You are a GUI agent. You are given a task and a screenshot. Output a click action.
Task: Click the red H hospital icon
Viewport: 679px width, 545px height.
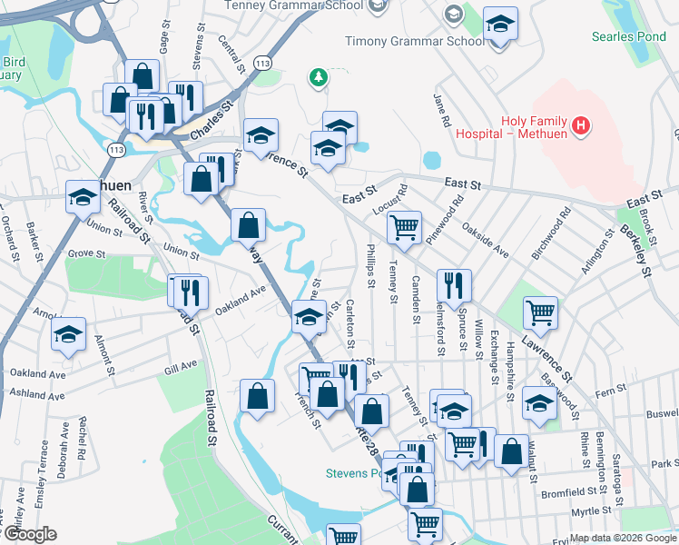[x=582, y=124]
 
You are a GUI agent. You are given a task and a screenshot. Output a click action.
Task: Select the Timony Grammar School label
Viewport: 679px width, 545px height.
[x=415, y=41]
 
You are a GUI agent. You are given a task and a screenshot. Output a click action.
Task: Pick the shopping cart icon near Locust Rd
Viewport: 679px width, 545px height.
[x=404, y=227]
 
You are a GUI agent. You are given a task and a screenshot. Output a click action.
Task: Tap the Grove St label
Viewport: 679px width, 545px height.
[x=86, y=253]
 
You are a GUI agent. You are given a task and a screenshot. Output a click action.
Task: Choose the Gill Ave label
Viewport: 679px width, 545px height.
[x=182, y=366]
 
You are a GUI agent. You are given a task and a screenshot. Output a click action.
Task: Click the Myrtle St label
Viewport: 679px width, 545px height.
[x=589, y=511]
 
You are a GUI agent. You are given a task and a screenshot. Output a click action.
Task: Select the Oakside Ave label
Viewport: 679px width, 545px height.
[x=485, y=240]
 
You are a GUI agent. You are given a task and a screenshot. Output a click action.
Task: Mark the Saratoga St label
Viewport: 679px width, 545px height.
[x=621, y=468]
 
